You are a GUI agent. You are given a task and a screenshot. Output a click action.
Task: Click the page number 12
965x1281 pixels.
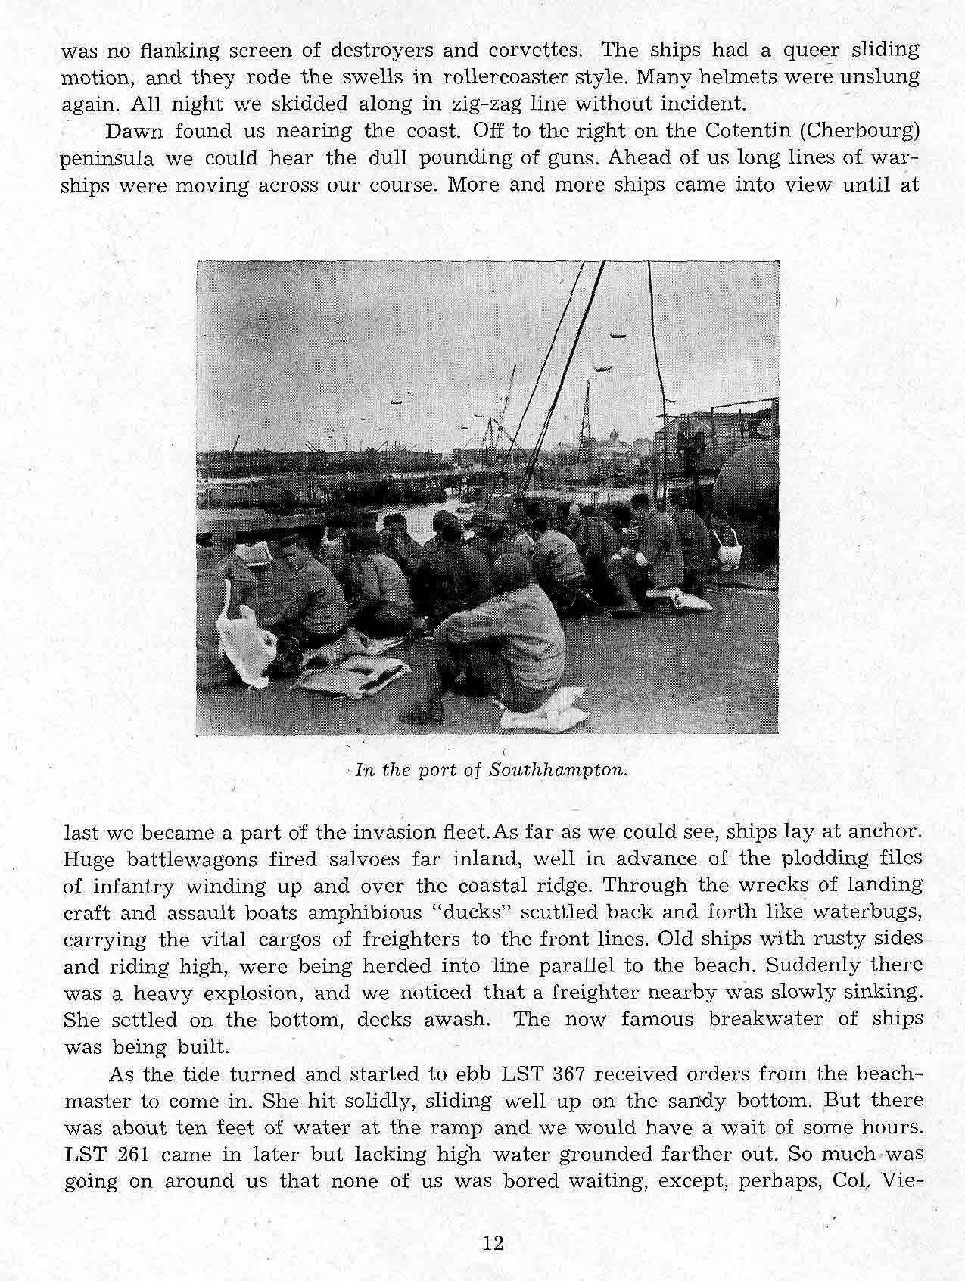click(x=493, y=1243)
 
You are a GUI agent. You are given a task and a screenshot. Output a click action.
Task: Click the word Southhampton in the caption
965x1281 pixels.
click(x=559, y=771)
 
